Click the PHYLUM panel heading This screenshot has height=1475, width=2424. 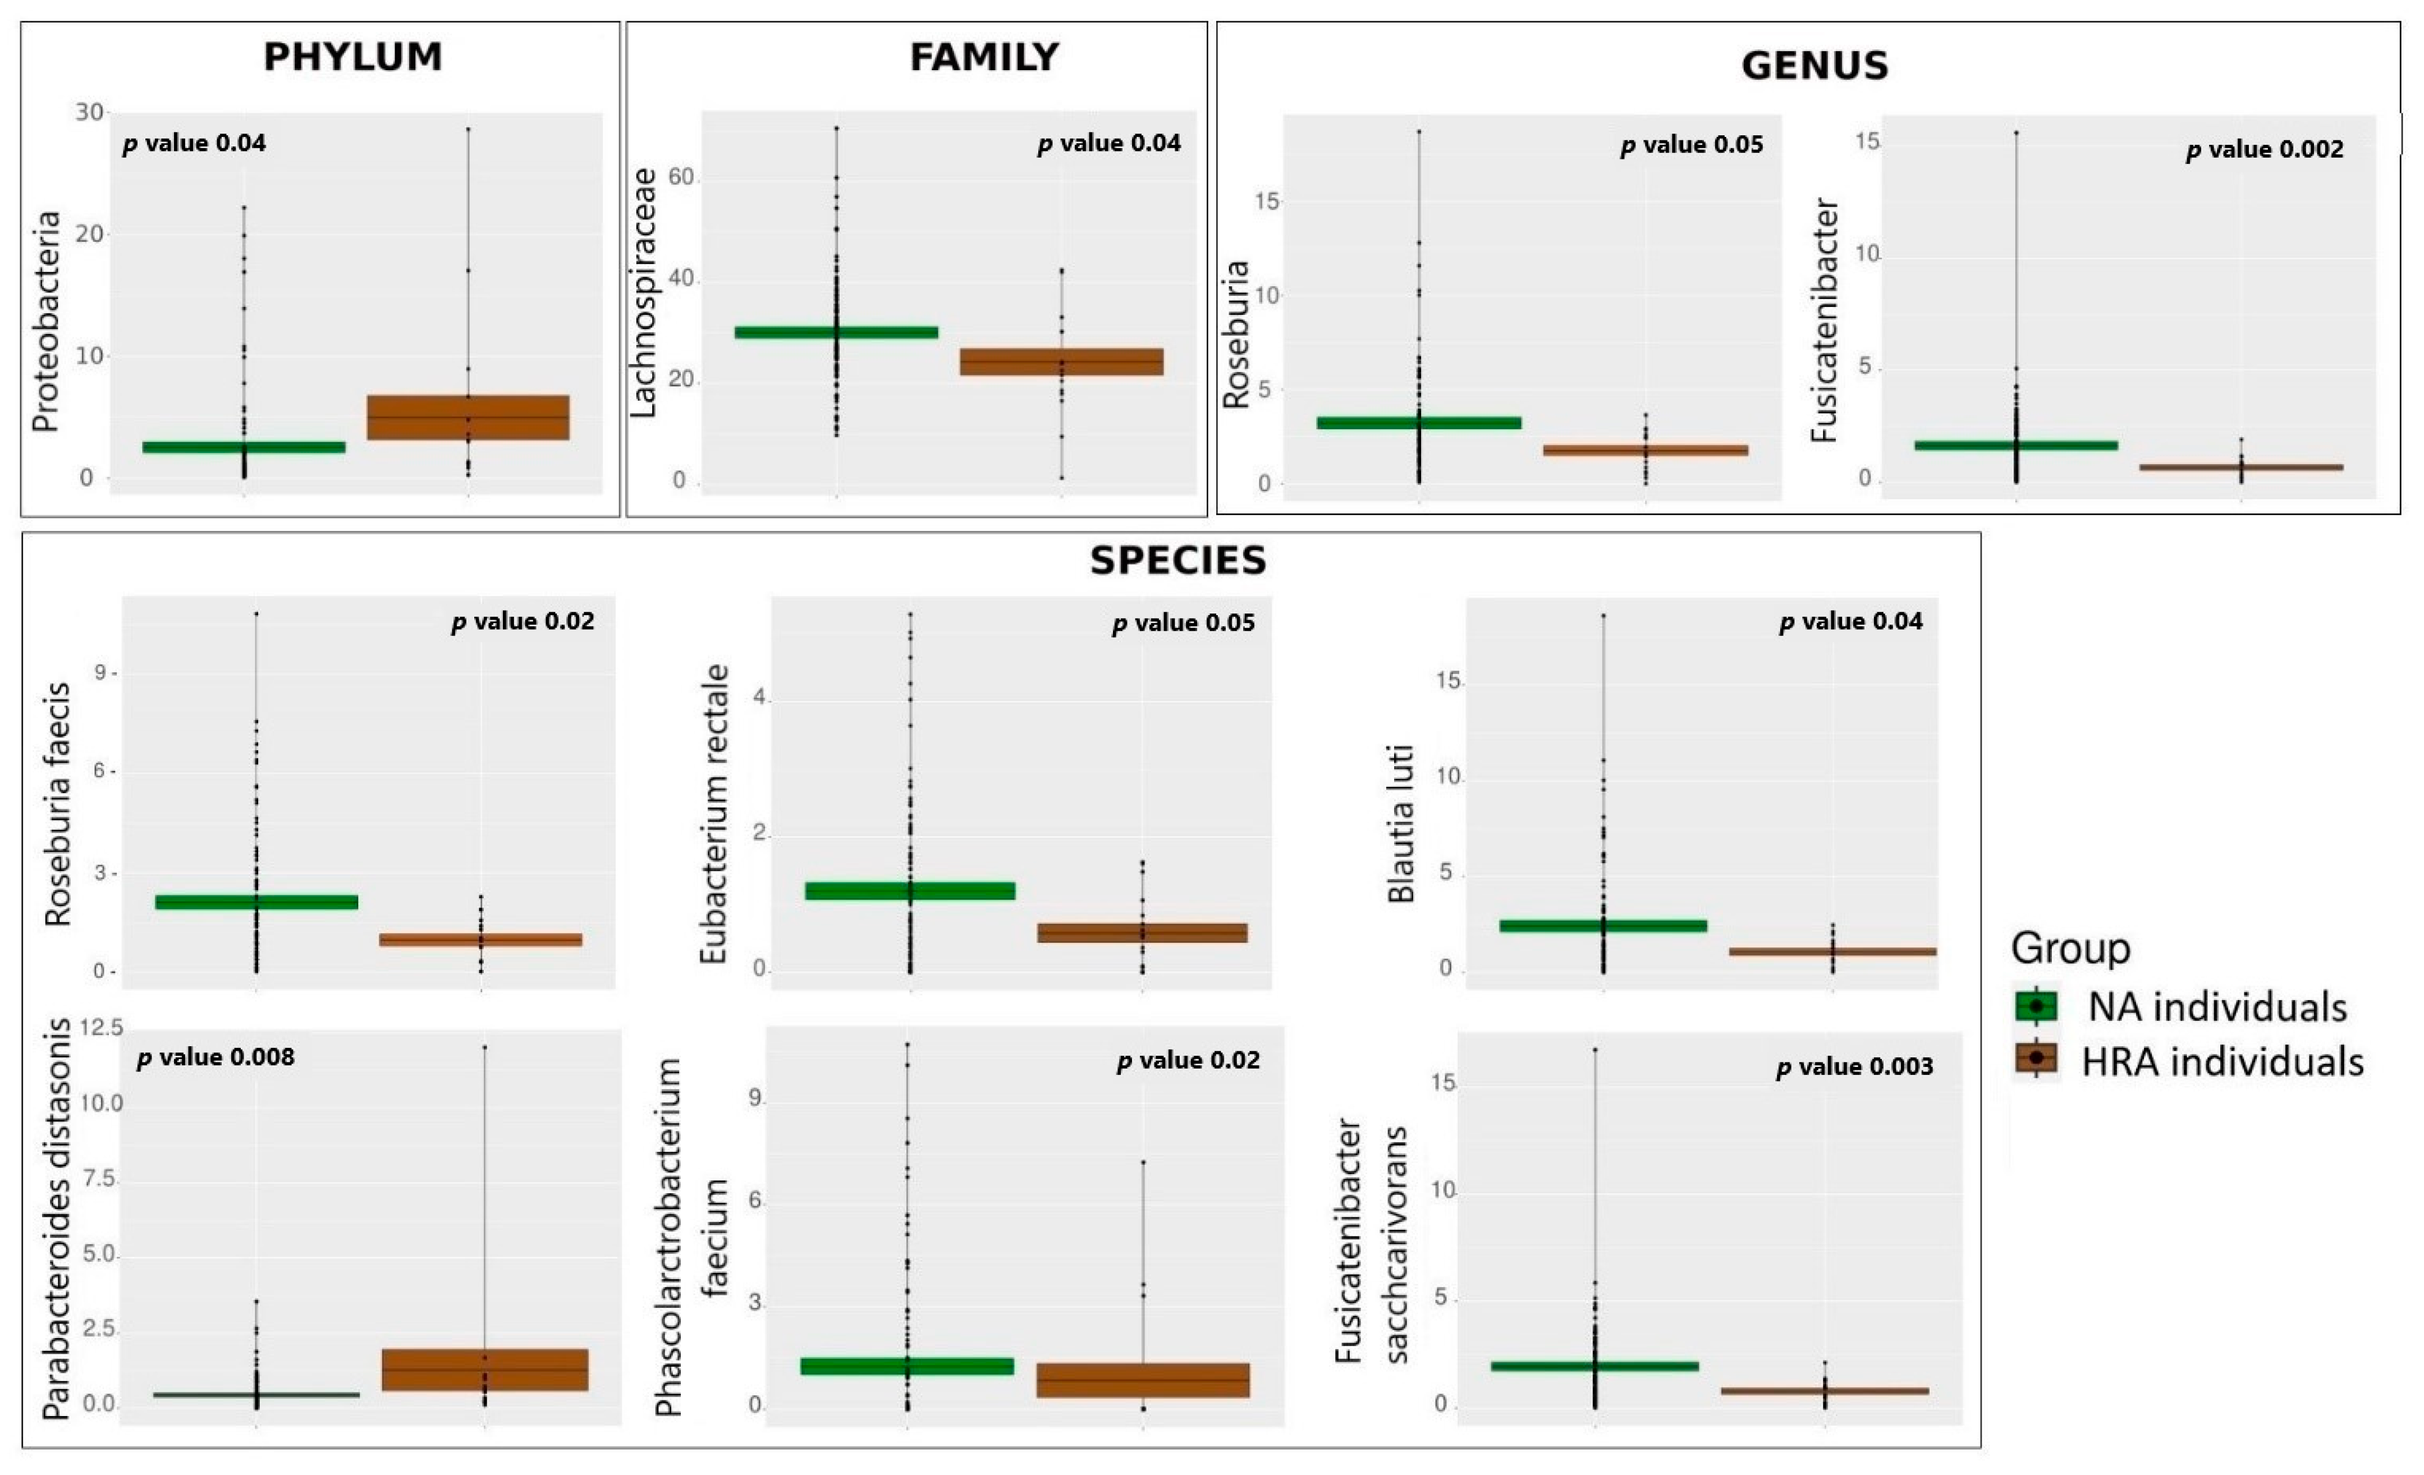[x=352, y=57]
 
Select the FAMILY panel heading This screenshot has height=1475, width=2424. [x=984, y=57]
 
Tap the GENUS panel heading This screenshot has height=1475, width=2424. [x=1814, y=66]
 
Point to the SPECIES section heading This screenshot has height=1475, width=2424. [x=1177, y=561]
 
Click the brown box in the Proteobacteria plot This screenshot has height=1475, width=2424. [x=468, y=417]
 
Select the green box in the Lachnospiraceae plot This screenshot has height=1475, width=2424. [x=836, y=333]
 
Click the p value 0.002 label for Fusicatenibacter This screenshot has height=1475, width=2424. [x=2265, y=149]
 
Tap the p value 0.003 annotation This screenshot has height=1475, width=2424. [x=1854, y=1066]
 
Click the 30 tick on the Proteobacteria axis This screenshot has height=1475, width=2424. [x=90, y=112]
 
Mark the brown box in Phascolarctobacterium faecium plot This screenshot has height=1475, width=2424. [x=1143, y=1381]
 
